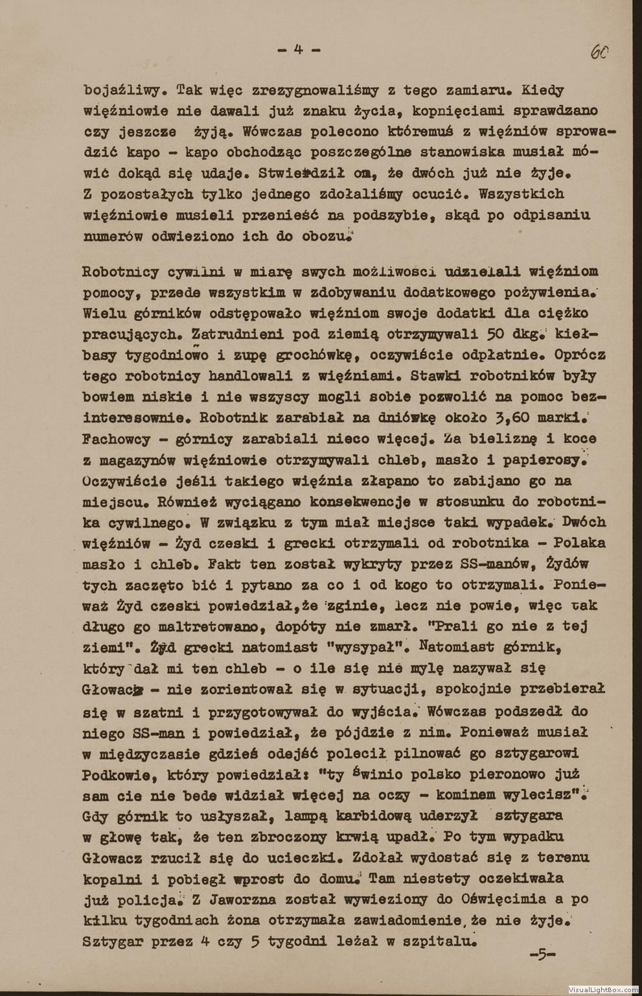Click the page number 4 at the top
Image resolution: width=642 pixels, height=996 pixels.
pyautogui.click(x=299, y=49)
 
